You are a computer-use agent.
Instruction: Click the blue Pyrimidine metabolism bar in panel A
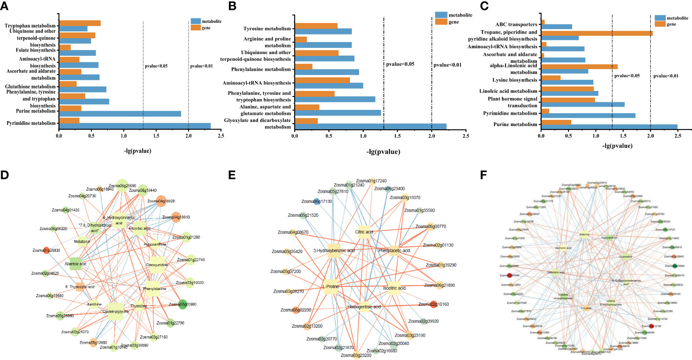[135, 126]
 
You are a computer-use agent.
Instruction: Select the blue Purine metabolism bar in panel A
[120, 114]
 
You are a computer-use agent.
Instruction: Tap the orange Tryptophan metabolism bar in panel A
[79, 23]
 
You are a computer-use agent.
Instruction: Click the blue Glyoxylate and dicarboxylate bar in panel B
[370, 127]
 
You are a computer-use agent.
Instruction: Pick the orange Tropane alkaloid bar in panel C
[597, 33]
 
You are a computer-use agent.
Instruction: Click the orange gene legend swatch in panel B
[441, 22]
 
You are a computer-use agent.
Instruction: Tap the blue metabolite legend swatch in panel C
[660, 18]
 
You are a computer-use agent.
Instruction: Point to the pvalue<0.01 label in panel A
[201, 66]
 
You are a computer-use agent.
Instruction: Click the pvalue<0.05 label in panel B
[400, 64]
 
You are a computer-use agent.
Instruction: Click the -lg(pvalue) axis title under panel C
[617, 146]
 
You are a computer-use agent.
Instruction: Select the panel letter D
[5, 175]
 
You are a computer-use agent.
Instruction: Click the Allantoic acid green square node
[75, 264]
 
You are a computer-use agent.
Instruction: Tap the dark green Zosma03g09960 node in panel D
[182, 304]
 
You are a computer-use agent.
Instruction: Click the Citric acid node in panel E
[364, 232]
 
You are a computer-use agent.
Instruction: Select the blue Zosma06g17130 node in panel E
[317, 201]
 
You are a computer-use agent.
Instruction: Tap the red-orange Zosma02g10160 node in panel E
[434, 304]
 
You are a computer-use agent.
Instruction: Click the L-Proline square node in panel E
[331, 287]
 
